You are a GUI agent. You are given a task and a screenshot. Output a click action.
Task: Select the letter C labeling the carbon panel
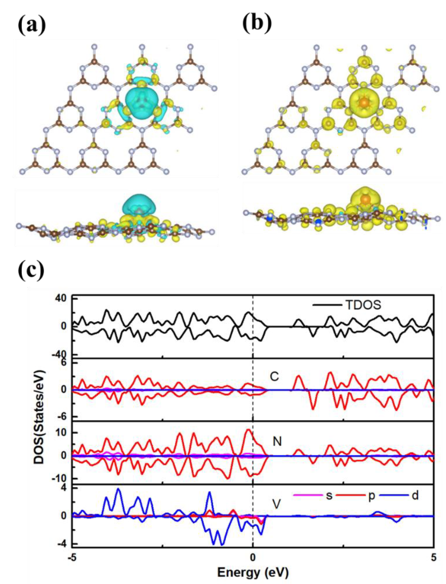click(274, 376)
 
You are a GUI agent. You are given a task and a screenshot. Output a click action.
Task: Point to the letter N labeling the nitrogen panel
click(277, 441)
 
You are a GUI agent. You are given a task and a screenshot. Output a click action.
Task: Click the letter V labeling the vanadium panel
click(277, 505)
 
